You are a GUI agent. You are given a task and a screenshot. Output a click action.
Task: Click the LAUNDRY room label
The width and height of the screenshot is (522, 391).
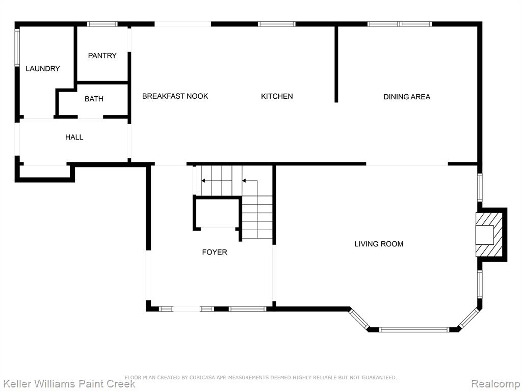click(43, 69)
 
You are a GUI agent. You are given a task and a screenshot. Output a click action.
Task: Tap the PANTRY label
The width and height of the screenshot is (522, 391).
click(102, 55)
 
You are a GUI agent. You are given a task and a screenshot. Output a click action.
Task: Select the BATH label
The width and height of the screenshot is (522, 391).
click(94, 99)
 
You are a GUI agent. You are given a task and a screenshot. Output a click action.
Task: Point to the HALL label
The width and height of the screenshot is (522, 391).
click(74, 137)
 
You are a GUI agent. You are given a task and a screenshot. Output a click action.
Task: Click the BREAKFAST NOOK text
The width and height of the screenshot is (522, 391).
click(175, 96)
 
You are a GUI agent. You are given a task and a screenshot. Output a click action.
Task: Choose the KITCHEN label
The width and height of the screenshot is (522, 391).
click(277, 96)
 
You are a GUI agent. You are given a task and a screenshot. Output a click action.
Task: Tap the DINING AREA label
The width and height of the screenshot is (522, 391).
click(407, 97)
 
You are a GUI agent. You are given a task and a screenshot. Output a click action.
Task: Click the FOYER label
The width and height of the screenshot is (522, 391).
click(215, 252)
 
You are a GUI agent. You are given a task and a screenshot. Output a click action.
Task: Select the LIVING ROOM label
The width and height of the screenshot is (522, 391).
click(379, 244)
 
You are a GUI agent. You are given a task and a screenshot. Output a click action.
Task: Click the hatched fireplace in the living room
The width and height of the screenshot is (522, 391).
click(489, 235)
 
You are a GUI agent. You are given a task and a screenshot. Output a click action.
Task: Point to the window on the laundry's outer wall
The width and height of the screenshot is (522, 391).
click(17, 47)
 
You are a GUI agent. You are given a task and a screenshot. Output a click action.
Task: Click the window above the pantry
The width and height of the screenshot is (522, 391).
click(102, 24)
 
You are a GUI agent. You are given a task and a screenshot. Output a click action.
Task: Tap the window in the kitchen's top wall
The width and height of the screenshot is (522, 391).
click(277, 24)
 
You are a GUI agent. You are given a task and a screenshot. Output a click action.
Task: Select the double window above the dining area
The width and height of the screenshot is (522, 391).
click(400, 24)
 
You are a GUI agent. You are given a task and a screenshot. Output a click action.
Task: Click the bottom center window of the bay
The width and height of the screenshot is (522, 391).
click(414, 330)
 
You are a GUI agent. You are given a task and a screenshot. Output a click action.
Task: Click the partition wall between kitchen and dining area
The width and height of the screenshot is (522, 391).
click(336, 64)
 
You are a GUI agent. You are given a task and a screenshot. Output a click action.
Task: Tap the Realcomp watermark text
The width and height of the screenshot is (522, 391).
click(496, 384)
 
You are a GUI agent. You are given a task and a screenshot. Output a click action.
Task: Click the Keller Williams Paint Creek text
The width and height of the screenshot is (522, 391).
click(68, 383)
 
